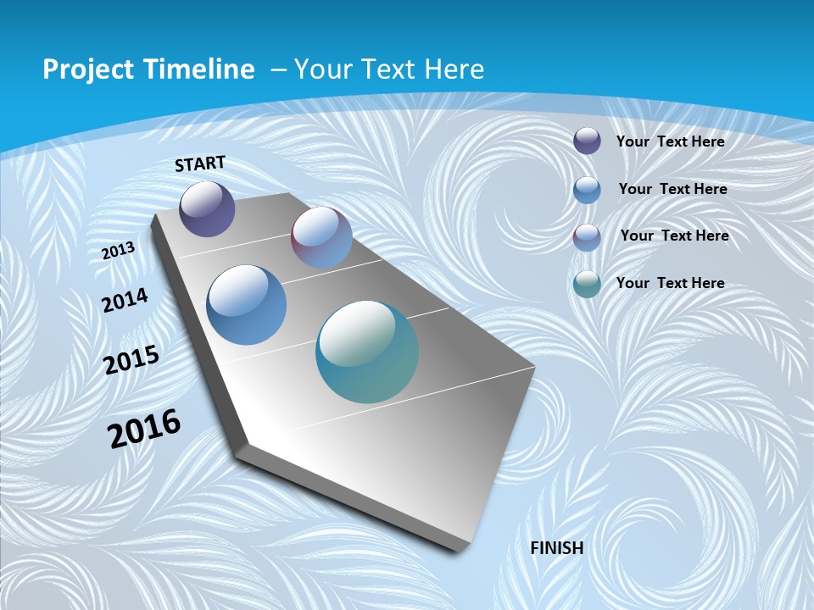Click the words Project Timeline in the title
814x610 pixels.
(x=148, y=69)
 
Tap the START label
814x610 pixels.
(x=200, y=164)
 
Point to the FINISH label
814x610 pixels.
(x=557, y=548)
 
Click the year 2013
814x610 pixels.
(x=119, y=251)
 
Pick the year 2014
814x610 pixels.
(x=125, y=301)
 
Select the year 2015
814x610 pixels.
(x=131, y=360)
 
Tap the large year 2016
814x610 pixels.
(x=144, y=429)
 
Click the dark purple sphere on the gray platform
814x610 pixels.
(x=207, y=208)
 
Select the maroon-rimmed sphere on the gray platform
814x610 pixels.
(x=321, y=237)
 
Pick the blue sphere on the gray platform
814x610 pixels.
(x=247, y=305)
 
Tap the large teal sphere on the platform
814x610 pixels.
(x=367, y=352)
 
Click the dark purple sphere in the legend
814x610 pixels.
(x=587, y=141)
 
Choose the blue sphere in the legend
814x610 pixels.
(x=587, y=189)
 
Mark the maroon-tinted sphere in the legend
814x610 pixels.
(x=587, y=236)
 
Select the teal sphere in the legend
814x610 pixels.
(x=587, y=284)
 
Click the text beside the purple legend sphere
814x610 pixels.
(x=670, y=141)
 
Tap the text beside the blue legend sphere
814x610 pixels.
(x=672, y=189)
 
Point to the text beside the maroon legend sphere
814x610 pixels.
(x=674, y=236)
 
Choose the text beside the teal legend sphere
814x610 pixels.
(x=670, y=283)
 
